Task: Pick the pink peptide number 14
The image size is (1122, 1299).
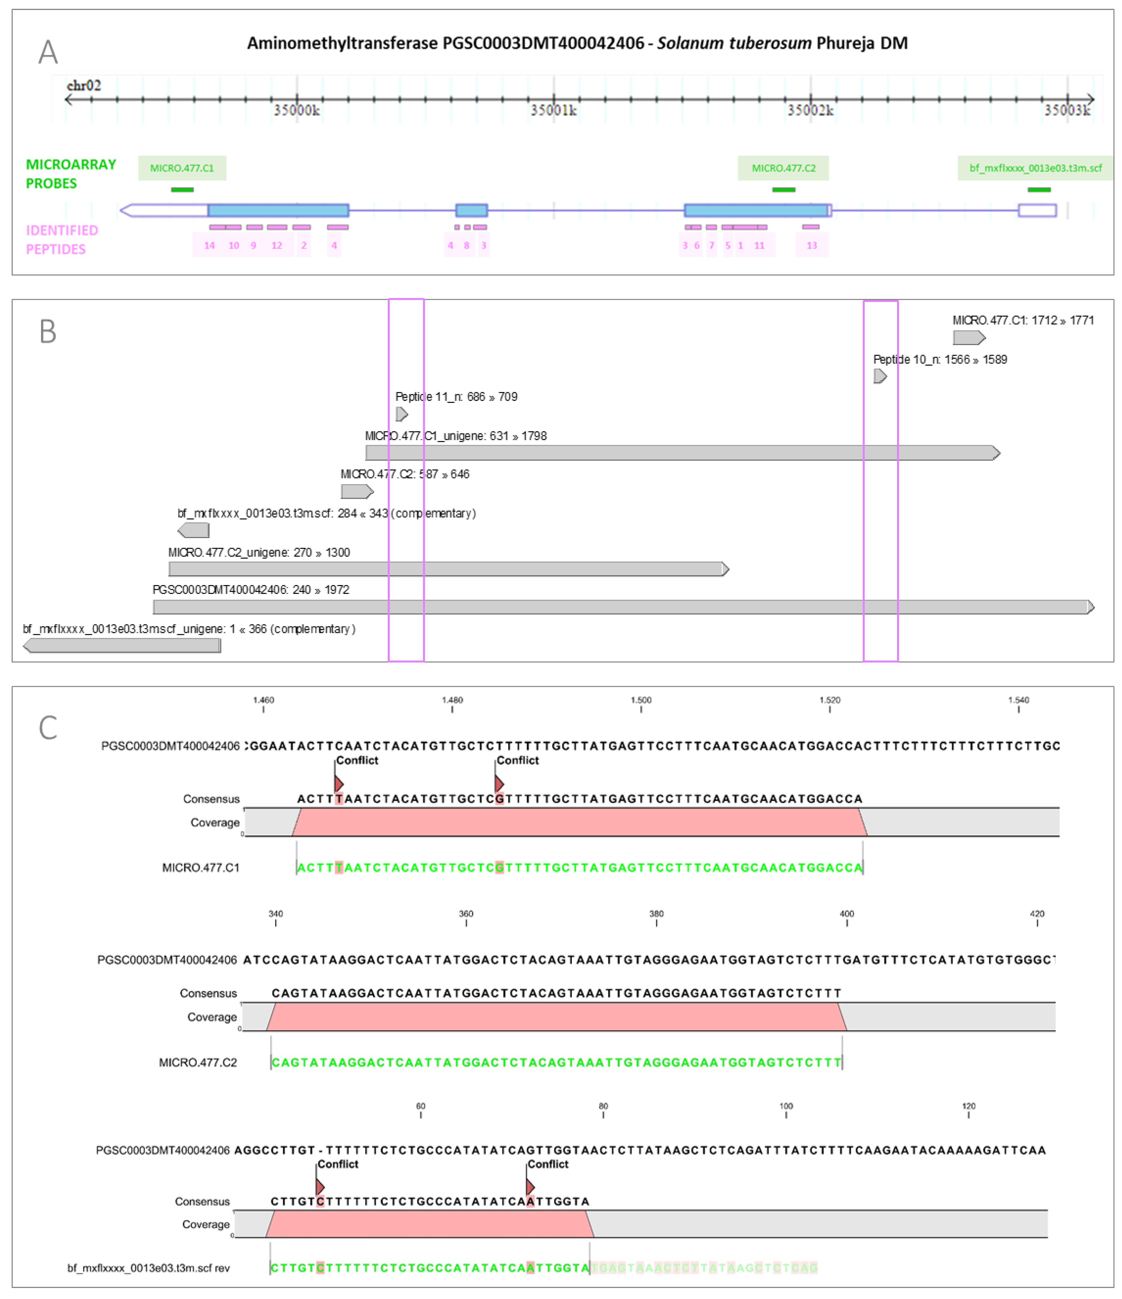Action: (209, 245)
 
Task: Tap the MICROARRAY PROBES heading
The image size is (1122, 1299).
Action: (70, 174)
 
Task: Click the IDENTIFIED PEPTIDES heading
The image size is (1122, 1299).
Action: (61, 240)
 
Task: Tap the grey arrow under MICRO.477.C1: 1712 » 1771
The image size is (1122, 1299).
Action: (969, 338)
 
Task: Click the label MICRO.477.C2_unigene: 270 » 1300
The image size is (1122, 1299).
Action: (259, 552)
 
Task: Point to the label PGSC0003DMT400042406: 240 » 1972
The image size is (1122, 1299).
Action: (251, 590)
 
